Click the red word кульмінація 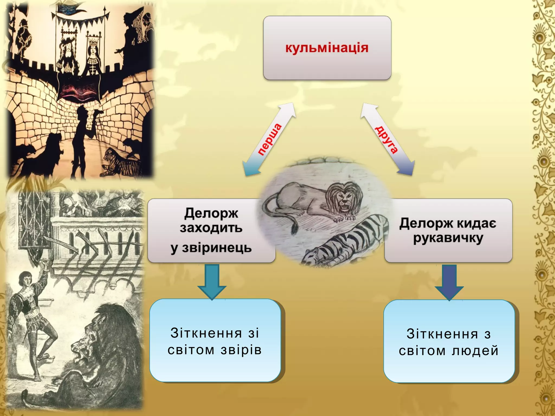pos(327,48)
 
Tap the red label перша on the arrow pos(269,139)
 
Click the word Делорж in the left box pos(211,213)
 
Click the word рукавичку pos(448,238)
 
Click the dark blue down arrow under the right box pos(449,283)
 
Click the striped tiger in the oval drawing pos(347,241)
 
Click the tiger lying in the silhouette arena pos(119,162)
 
